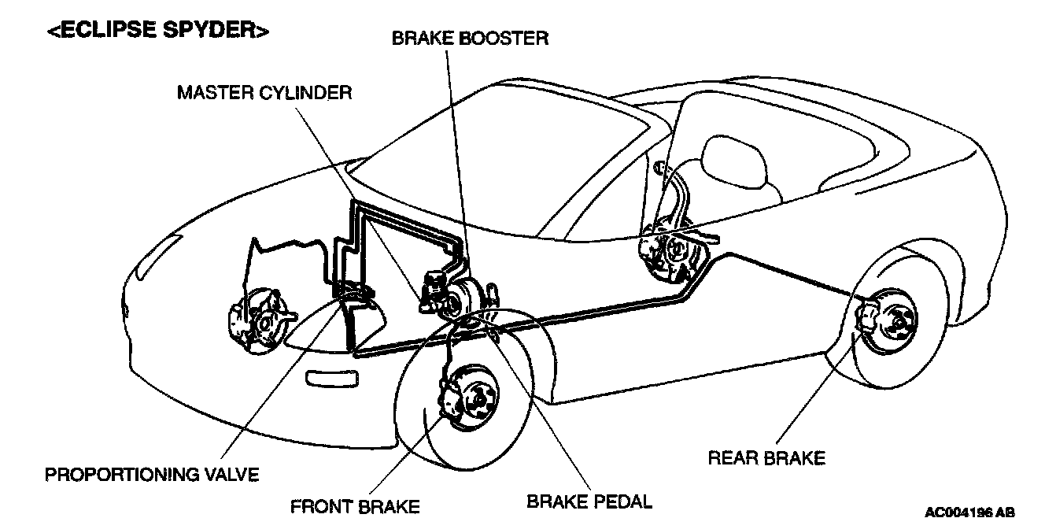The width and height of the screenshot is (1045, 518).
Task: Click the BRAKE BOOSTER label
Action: coord(470,38)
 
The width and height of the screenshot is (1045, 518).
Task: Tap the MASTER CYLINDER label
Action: coord(264,93)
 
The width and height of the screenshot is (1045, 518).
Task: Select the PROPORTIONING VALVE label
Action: coord(151,475)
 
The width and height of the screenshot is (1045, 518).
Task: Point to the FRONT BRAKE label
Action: coord(355,505)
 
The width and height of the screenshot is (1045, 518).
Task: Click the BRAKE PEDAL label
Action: coord(589,500)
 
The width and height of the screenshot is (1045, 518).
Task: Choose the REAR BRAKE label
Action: coord(766,457)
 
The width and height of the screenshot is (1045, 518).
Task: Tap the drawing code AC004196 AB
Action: coord(969,512)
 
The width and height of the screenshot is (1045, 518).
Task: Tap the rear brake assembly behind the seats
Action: coord(667,251)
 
